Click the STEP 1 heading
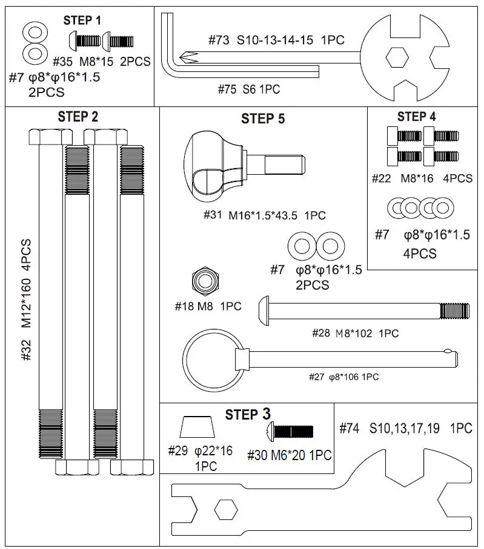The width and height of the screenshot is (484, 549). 82,21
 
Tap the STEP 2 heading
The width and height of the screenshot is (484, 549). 78,117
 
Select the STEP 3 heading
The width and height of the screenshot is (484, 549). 248,415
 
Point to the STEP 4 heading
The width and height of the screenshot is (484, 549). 416,117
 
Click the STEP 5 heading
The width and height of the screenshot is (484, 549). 263,119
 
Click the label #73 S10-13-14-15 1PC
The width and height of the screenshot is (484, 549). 276,41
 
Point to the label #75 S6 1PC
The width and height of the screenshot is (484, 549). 248,89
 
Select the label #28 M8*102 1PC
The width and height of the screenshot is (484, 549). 355,333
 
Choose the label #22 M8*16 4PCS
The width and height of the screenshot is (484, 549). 422,179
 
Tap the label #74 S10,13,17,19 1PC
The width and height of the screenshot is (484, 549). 406,429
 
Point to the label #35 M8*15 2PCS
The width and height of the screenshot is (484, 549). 102,62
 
